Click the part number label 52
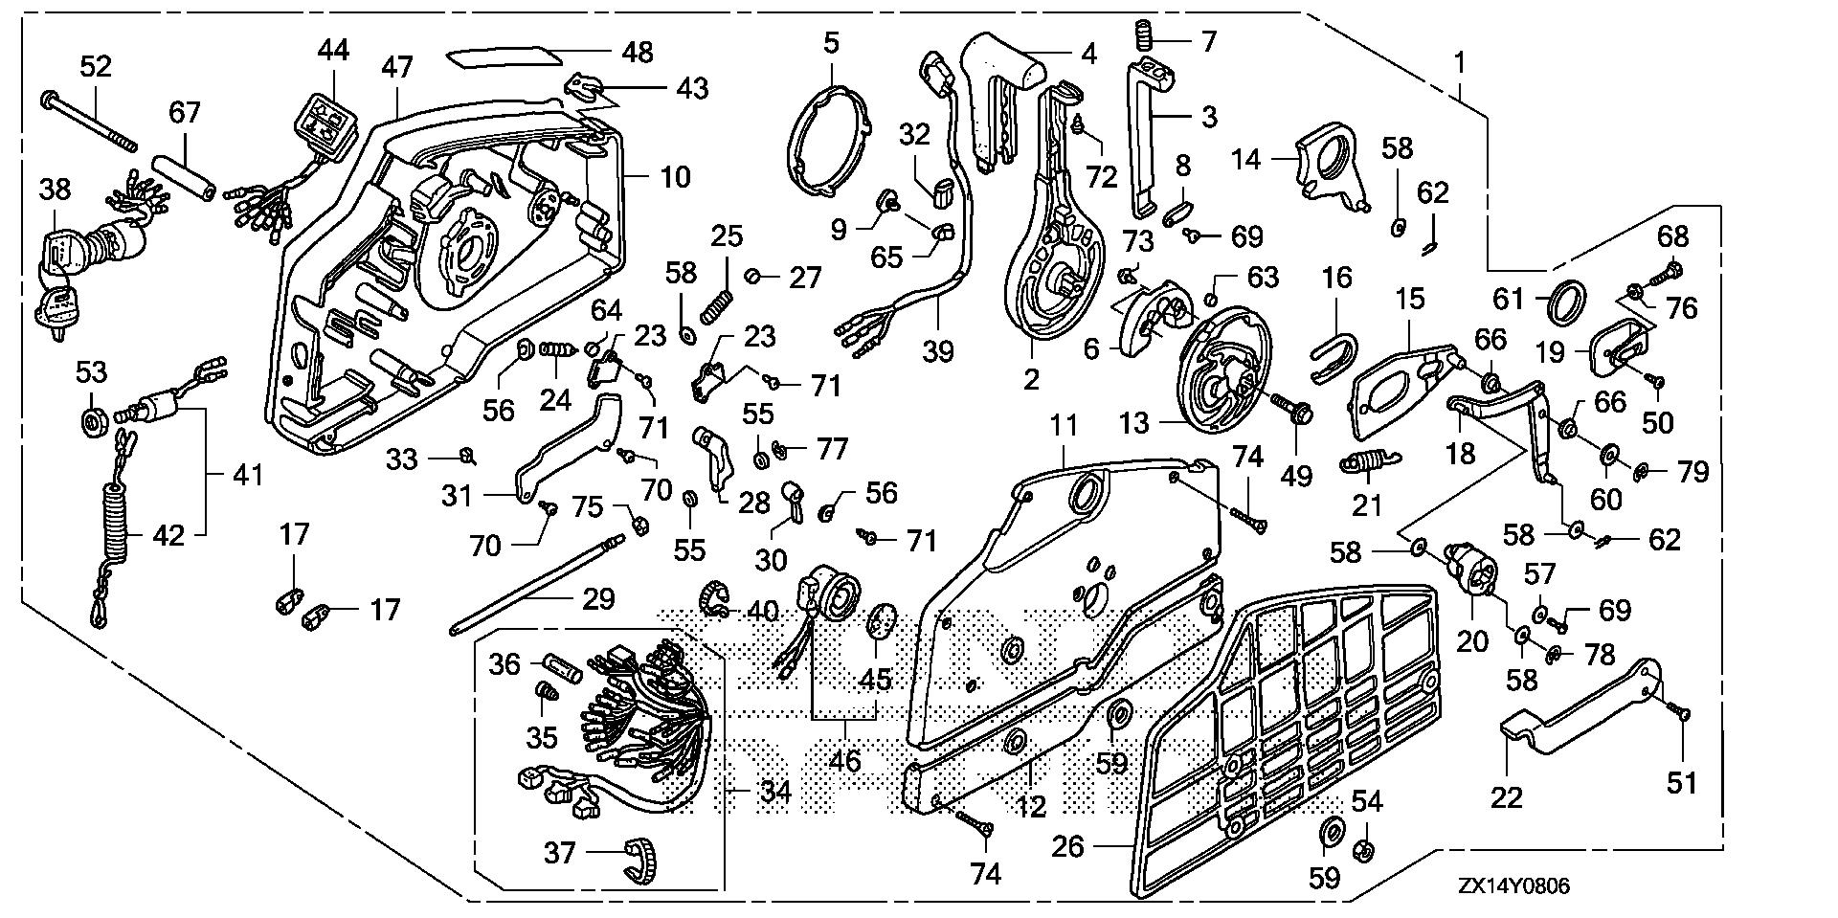[x=95, y=66]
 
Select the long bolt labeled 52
[x=89, y=121]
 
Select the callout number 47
[x=396, y=67]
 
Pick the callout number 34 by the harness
[x=774, y=792]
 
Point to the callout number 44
[x=334, y=50]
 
